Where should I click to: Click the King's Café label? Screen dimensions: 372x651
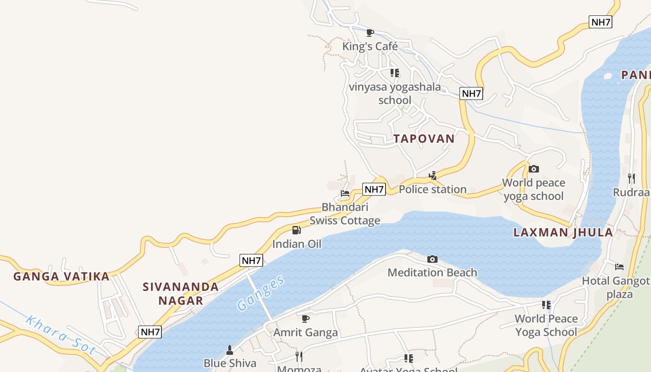370,46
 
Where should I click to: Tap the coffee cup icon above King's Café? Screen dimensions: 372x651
370,33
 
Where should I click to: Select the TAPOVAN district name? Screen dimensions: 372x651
424,139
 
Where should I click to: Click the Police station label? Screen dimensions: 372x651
432,189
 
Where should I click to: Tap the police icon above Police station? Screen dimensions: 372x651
432,176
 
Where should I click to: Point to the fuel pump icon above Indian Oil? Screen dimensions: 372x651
296,230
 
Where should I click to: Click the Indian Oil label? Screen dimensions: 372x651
297,244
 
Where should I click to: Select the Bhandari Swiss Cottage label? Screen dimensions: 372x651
345,214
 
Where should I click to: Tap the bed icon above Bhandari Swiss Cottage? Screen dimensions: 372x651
345,193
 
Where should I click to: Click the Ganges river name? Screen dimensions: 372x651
260,293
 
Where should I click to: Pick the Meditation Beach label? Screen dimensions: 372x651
432,272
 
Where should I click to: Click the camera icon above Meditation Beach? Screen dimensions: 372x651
432,259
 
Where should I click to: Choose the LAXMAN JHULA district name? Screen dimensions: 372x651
563,232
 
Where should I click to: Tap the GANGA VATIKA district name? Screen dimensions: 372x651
61,277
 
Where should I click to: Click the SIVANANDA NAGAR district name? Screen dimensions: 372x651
181,293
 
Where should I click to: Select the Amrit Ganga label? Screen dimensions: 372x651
306,332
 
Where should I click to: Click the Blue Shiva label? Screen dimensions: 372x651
230,363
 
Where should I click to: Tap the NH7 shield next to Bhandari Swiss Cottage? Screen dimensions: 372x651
374,189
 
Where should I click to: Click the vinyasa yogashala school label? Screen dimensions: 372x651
395,93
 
